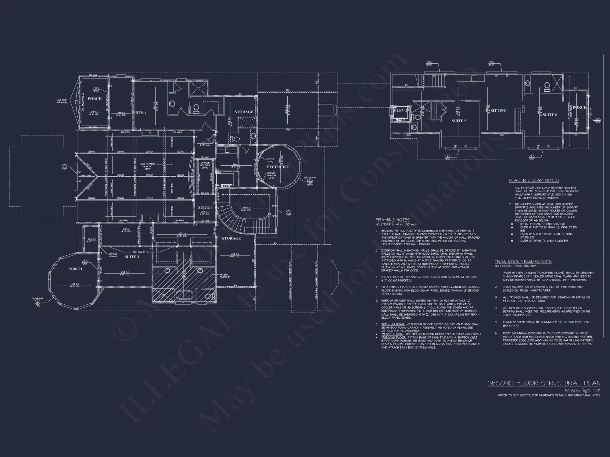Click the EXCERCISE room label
tap(277, 167)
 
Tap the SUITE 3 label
tap(132, 257)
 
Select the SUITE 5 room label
tap(459, 121)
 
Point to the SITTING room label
tap(498, 111)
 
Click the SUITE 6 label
tap(550, 115)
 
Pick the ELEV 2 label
tap(400, 110)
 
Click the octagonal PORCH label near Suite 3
tap(75, 269)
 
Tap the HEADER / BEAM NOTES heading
tap(533, 180)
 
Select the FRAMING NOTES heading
tap(393, 220)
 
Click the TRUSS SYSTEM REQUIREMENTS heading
tap(523, 261)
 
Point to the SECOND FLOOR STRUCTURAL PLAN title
tap(544, 383)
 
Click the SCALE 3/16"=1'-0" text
tap(582, 390)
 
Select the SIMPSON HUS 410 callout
tap(113, 255)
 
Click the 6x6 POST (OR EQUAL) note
tap(63, 101)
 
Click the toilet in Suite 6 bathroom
tap(547, 87)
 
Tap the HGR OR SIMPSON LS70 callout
tap(271, 175)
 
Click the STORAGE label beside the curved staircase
tap(231, 238)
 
